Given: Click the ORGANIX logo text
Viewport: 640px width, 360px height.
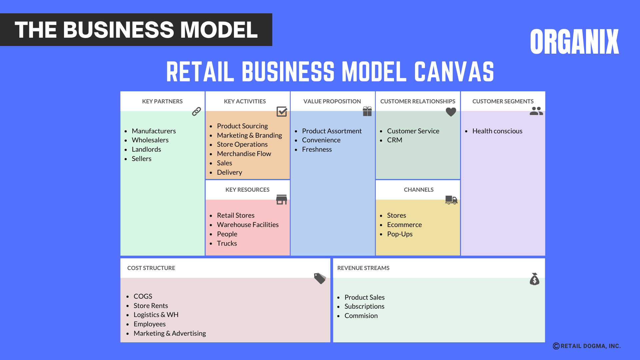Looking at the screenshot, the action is tap(574, 42).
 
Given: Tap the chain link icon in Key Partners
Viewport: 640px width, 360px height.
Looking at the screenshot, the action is tap(196, 111).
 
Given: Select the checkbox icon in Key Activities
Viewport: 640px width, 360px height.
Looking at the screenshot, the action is tap(282, 111).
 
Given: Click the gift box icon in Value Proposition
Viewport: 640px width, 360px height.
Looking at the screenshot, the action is tap(367, 111).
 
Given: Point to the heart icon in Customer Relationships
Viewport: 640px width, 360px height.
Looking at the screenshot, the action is tap(451, 112).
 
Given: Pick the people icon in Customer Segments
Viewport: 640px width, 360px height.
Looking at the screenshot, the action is tap(536, 111).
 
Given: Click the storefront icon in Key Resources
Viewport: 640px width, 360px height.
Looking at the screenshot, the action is tap(282, 200).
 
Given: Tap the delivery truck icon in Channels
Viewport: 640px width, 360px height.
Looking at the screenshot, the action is tap(451, 200).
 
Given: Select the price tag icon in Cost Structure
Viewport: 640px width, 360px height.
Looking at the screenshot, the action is tap(320, 278).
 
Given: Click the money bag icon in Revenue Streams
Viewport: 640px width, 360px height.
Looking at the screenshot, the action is tap(534, 279).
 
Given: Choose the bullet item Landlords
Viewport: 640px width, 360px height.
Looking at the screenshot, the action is tap(146, 149).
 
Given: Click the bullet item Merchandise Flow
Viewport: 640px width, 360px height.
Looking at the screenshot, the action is tap(244, 154).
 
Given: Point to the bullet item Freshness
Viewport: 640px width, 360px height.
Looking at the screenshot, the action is tap(317, 149).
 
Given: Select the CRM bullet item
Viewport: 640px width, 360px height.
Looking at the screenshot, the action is tap(394, 140).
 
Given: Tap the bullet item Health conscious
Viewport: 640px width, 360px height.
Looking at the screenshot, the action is tap(497, 131).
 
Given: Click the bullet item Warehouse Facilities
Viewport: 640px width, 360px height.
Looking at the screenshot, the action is tap(247, 225).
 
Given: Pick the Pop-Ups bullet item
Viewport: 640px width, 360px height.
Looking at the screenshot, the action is tap(400, 234).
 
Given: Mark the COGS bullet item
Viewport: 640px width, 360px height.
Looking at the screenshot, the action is tap(143, 296).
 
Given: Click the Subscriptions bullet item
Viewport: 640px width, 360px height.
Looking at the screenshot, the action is tap(364, 306).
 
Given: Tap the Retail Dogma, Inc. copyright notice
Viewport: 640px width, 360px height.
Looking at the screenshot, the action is tap(587, 346).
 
